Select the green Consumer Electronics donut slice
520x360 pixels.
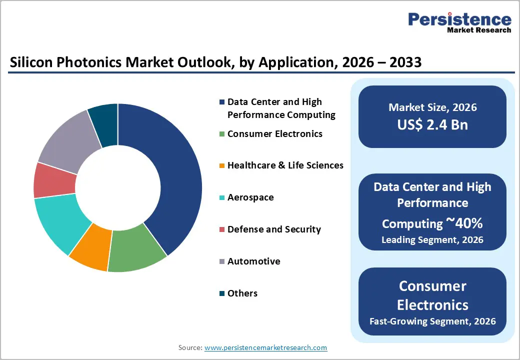click(135, 250)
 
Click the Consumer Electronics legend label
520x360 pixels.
click(275, 134)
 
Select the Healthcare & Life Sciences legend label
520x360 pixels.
click(285, 165)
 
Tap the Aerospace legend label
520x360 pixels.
click(250, 197)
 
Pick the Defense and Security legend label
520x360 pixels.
click(274, 229)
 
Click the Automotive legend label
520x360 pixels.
click(253, 261)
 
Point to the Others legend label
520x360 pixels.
click(242, 293)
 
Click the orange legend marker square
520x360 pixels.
click(221, 166)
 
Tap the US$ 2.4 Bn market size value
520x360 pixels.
click(432, 124)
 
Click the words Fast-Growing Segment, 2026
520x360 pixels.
click(432, 321)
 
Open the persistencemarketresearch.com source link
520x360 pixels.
click(265, 347)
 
